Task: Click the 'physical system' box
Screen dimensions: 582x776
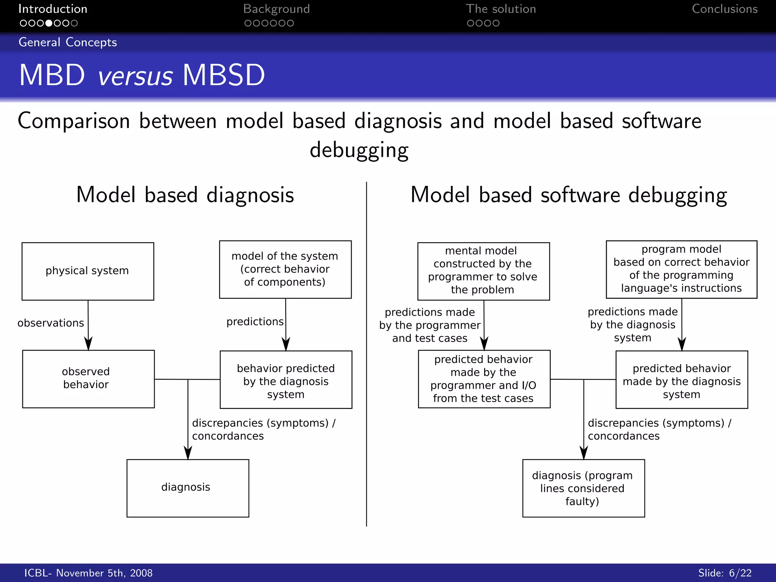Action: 88,271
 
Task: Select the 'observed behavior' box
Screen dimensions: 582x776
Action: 88,379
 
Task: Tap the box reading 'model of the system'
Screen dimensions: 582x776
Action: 285,269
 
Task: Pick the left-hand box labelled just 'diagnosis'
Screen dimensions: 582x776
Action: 188,488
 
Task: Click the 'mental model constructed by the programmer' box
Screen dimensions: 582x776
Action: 483,271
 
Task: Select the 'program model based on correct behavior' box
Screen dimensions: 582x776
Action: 681,269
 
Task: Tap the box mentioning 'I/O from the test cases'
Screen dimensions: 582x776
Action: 484,379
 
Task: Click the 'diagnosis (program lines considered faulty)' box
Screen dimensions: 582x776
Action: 583,488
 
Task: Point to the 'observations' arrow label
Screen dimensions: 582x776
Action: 51,323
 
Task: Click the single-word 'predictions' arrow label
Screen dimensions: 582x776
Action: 255,322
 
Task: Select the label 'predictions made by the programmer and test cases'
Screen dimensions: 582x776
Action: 430,325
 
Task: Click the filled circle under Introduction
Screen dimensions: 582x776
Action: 48,23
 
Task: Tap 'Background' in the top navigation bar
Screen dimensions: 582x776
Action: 276,9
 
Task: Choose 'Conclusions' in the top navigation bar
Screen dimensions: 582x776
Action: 724,9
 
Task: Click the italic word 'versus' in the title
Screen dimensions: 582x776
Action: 135,76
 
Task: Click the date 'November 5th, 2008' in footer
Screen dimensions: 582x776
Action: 104,573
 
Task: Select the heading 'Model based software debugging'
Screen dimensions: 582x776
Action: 568,195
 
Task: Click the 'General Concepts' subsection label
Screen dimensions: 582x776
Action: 68,42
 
